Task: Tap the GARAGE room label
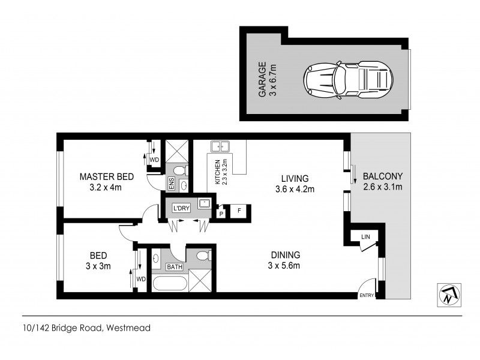click(262, 82)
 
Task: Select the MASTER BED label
click(106, 177)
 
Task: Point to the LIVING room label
click(295, 178)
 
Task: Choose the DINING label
click(284, 254)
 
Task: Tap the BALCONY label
click(382, 176)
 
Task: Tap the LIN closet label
click(365, 238)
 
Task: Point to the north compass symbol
click(447, 294)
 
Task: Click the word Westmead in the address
click(129, 328)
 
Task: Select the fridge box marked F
click(239, 211)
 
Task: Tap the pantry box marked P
click(221, 213)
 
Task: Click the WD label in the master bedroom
click(154, 160)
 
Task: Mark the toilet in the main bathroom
click(203, 256)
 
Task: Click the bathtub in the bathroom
click(170, 282)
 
